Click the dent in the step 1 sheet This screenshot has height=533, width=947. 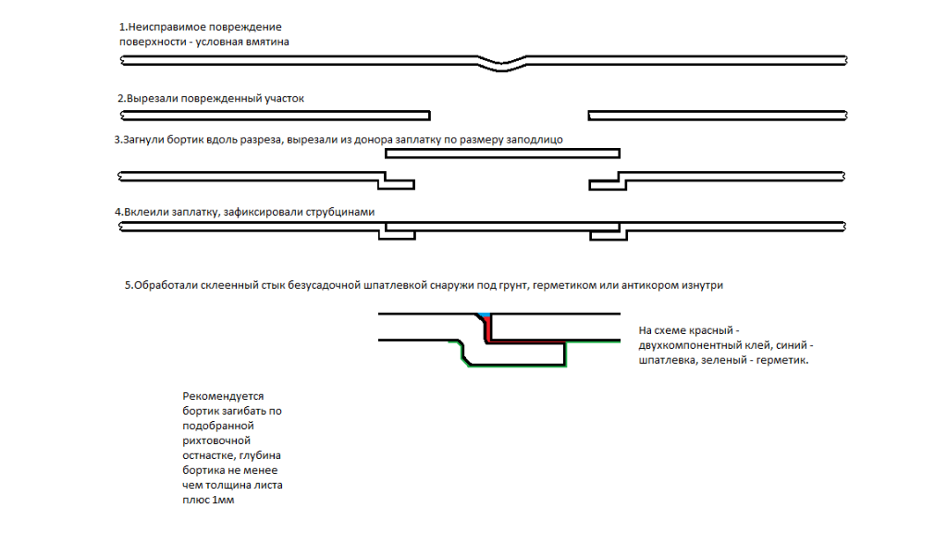[505, 63]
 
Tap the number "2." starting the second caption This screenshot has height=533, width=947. [121, 98]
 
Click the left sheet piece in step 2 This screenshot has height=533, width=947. [276, 116]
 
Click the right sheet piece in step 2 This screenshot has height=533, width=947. [717, 116]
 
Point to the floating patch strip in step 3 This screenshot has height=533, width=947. [502, 153]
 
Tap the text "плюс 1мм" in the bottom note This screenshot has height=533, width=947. [209, 500]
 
